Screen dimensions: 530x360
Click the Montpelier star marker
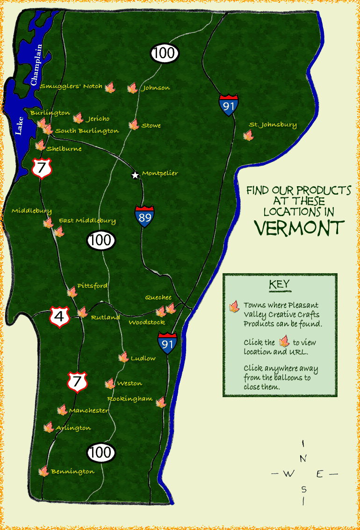[135, 175]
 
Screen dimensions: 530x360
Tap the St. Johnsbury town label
[273, 125]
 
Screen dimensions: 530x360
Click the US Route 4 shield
[59, 317]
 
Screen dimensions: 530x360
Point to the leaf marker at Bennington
[43, 471]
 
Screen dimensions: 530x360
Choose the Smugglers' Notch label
[71, 86]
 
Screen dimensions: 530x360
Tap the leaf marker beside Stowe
[134, 124]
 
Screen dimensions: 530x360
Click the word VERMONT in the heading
[299, 228]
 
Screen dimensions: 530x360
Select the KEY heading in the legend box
[279, 284]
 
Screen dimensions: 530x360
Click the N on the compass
[303, 459]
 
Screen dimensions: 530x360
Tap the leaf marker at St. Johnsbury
[248, 135]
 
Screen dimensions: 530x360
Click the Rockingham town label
[130, 399]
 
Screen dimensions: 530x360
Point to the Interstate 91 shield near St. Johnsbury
[229, 105]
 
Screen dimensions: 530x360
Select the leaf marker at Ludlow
[123, 357]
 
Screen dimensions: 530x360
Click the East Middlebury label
[87, 220]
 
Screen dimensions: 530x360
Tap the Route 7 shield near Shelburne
[42, 167]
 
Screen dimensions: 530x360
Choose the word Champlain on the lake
[36, 65]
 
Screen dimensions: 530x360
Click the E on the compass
[320, 474]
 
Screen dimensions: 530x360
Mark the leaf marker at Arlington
[48, 427]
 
